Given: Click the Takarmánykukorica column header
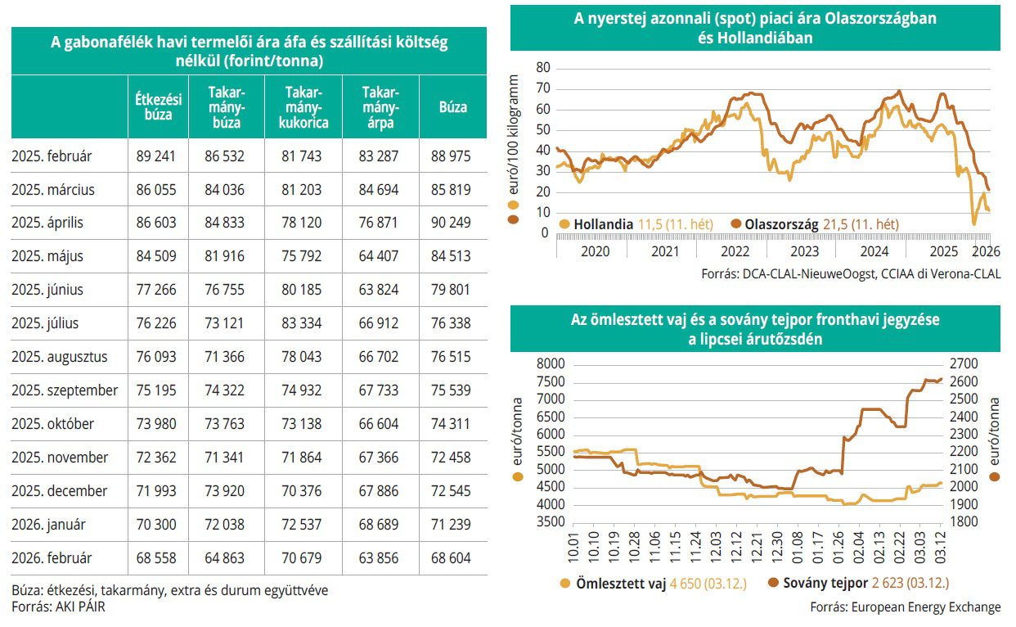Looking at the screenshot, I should (x=299, y=107).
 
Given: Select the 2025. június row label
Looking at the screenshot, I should (x=47, y=290).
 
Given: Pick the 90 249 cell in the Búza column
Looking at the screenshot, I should (x=451, y=223).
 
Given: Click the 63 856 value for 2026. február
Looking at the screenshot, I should (x=380, y=557).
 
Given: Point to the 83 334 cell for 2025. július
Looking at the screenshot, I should (x=299, y=323).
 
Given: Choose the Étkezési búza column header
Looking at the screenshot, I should (x=158, y=107).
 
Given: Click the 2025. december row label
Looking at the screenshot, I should (x=60, y=491).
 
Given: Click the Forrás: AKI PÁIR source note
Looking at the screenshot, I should (x=58, y=607).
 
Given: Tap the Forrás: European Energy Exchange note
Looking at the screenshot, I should (x=905, y=607).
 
